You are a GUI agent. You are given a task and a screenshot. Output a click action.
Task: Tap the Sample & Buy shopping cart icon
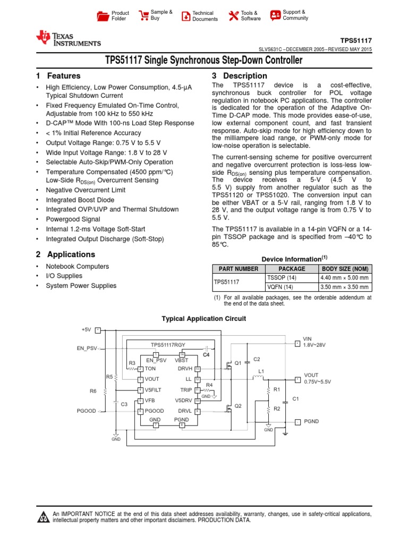[143, 15]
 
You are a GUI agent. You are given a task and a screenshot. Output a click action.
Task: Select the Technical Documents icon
[185, 16]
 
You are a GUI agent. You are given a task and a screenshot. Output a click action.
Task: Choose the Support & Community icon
[275, 15]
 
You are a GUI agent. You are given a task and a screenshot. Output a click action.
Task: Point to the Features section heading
[58, 76]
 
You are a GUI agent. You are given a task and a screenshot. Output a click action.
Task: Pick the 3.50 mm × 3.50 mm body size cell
[344, 287]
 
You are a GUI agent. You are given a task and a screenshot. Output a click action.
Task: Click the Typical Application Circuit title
[203, 319]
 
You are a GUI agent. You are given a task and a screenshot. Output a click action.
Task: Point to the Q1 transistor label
[238, 363]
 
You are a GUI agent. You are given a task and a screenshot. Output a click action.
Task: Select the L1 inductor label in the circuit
[261, 371]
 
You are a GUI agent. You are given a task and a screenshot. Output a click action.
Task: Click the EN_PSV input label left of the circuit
[87, 348]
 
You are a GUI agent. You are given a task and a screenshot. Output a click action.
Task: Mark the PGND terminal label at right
[311, 421]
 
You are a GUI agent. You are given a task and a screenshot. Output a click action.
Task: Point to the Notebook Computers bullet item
[77, 267]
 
